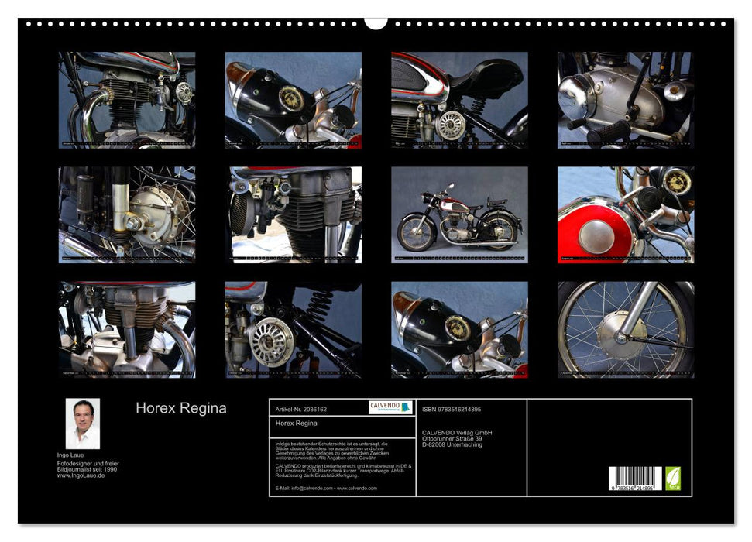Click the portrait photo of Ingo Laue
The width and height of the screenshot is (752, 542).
click(82, 424)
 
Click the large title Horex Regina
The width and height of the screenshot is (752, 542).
click(181, 408)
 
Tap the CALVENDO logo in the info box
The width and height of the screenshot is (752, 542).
click(390, 407)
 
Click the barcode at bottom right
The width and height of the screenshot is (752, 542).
click(634, 478)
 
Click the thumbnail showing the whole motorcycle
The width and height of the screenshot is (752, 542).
click(459, 215)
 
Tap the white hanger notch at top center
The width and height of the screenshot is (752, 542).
click(376, 22)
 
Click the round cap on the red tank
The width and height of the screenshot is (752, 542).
click(596, 236)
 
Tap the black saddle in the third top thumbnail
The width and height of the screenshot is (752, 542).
click(489, 78)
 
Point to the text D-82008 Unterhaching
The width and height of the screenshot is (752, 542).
click(452, 444)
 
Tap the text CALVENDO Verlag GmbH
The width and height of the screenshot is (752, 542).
click(457, 432)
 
